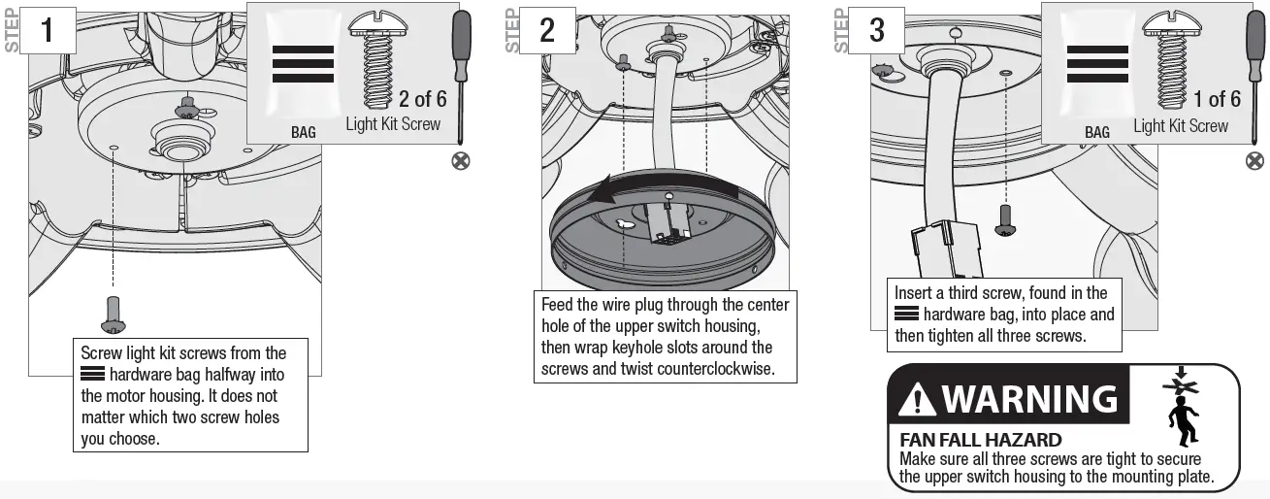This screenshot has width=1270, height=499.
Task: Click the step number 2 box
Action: point(546,30)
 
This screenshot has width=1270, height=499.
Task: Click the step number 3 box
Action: point(876,30)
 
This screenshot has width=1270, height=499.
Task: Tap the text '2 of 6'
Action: point(422,99)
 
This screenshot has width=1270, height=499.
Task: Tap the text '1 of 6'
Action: point(1217,99)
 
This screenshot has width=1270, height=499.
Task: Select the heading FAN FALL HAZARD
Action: point(981,440)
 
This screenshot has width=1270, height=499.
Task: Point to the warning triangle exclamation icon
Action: point(917,399)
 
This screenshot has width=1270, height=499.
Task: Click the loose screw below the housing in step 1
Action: point(114,315)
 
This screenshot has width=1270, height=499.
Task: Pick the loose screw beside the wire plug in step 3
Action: point(1005,219)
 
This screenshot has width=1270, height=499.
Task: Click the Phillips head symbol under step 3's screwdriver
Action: point(1254,160)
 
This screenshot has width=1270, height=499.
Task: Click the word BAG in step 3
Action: point(1097,132)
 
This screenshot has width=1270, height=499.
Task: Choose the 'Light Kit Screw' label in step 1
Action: point(393,124)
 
